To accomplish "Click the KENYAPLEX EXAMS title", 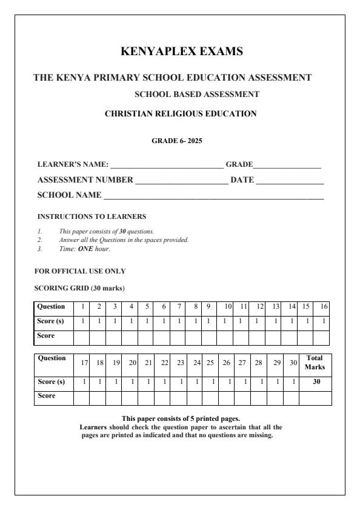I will coord(182,52).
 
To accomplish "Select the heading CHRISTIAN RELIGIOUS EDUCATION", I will coord(181,113).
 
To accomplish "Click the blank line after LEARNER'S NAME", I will coord(167,166).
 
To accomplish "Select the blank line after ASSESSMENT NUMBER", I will coord(181,181).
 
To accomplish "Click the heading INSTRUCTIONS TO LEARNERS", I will coord(92,216).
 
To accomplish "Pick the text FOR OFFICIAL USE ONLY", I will coord(80,271).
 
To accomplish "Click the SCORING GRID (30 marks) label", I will coord(80,287).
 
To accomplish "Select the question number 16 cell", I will coord(324,307).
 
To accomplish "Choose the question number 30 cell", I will coord(293,363).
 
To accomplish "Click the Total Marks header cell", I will coord(315,363).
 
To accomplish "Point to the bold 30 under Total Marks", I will coord(315,382).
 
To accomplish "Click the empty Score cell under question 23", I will coord(179,398).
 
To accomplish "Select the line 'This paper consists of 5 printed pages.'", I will coord(181,418).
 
